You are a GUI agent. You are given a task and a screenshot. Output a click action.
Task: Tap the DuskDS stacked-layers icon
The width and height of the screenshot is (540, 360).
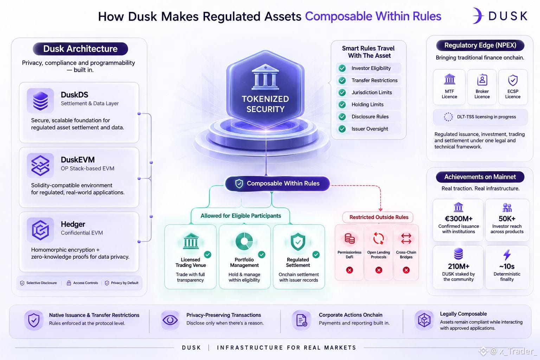40,101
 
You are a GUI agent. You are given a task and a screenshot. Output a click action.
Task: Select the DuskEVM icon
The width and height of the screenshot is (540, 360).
40,166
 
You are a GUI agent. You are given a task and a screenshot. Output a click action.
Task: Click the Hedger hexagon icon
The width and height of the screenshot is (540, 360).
40,230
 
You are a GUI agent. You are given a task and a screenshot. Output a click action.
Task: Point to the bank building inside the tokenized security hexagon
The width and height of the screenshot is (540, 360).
265,77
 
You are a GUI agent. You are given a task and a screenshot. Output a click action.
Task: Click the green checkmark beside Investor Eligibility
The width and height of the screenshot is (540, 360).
342,68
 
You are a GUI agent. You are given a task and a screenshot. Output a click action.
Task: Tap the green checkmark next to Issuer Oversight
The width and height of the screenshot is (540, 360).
342,129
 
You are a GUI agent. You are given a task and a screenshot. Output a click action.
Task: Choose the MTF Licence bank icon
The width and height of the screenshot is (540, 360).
450,79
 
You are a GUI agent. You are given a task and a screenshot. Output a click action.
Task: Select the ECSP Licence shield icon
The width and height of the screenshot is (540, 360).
513,80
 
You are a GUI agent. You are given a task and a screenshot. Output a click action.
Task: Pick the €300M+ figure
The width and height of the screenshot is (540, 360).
458,218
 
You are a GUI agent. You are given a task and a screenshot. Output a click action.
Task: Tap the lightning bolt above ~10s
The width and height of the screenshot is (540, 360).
507,255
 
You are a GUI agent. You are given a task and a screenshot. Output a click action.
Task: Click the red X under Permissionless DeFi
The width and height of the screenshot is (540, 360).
349,270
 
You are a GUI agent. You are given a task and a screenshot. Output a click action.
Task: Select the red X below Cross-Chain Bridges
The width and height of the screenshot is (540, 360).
406,270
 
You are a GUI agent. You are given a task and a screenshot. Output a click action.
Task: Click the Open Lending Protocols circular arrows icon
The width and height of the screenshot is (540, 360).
379,238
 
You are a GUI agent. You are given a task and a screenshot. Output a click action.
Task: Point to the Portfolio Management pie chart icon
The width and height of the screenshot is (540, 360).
244,241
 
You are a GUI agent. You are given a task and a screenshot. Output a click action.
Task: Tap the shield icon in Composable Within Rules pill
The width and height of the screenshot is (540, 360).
239,184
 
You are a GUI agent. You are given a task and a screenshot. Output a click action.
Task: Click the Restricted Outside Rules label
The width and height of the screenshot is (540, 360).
379,217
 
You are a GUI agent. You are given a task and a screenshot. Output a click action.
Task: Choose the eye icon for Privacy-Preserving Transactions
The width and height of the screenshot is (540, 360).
170,320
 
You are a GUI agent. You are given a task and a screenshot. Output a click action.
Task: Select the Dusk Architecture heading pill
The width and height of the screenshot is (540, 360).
80,49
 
